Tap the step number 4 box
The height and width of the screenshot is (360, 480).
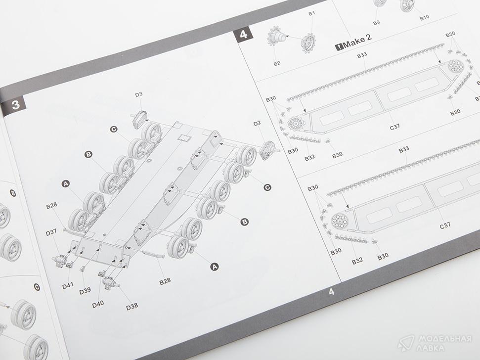point(244,34)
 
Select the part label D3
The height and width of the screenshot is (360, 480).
point(139,94)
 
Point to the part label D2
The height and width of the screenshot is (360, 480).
point(257,123)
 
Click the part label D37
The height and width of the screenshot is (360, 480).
point(51,232)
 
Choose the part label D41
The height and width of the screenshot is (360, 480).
point(68,286)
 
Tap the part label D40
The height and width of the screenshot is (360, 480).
point(98,304)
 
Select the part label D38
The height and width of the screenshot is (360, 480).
point(132,306)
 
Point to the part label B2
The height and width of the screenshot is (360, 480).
point(277,63)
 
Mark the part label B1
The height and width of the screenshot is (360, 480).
point(311,13)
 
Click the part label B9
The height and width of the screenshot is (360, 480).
point(377,23)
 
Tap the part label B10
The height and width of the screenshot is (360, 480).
point(424,18)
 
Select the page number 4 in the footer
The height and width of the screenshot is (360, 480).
point(332,292)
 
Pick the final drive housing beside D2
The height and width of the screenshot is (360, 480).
point(268,150)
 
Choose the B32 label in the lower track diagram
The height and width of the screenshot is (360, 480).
point(357,261)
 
